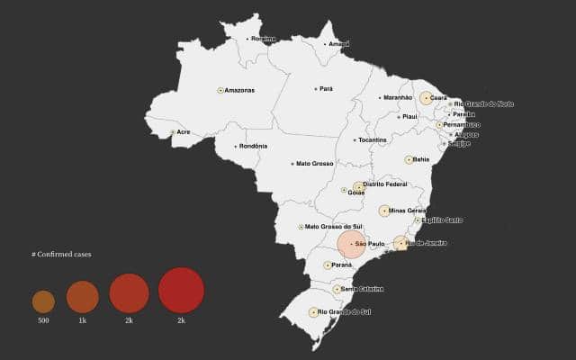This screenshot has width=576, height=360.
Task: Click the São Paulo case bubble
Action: pyautogui.click(x=351, y=244)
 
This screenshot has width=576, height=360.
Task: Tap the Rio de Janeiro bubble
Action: pyautogui.click(x=400, y=243)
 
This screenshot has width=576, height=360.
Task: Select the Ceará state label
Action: pyautogui.click(x=439, y=97)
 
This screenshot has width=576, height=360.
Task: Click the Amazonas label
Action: pyautogui.click(x=239, y=90)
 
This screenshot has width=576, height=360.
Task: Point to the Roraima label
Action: pyautogui.click(x=263, y=39)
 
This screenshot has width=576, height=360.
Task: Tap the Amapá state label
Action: pyautogui.click(x=339, y=43)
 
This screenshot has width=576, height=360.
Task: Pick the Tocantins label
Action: pyautogui.click(x=372, y=139)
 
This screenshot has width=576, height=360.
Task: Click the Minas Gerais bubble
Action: pyautogui.click(x=384, y=211)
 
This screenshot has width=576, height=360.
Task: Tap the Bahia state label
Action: pyautogui.click(x=421, y=159)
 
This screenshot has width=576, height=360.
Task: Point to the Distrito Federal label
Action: pyautogui.click(x=385, y=184)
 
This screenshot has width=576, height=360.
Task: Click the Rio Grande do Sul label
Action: pyautogui.click(x=345, y=311)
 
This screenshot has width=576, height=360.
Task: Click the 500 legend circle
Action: pyautogui.click(x=43, y=301)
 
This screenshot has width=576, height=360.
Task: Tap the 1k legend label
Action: pyautogui.click(x=82, y=320)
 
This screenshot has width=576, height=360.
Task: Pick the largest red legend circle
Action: pyautogui.click(x=181, y=291)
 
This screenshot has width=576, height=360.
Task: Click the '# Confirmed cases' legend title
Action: pyautogui.click(x=61, y=255)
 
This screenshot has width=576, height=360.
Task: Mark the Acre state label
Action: pyautogui.click(x=184, y=132)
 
